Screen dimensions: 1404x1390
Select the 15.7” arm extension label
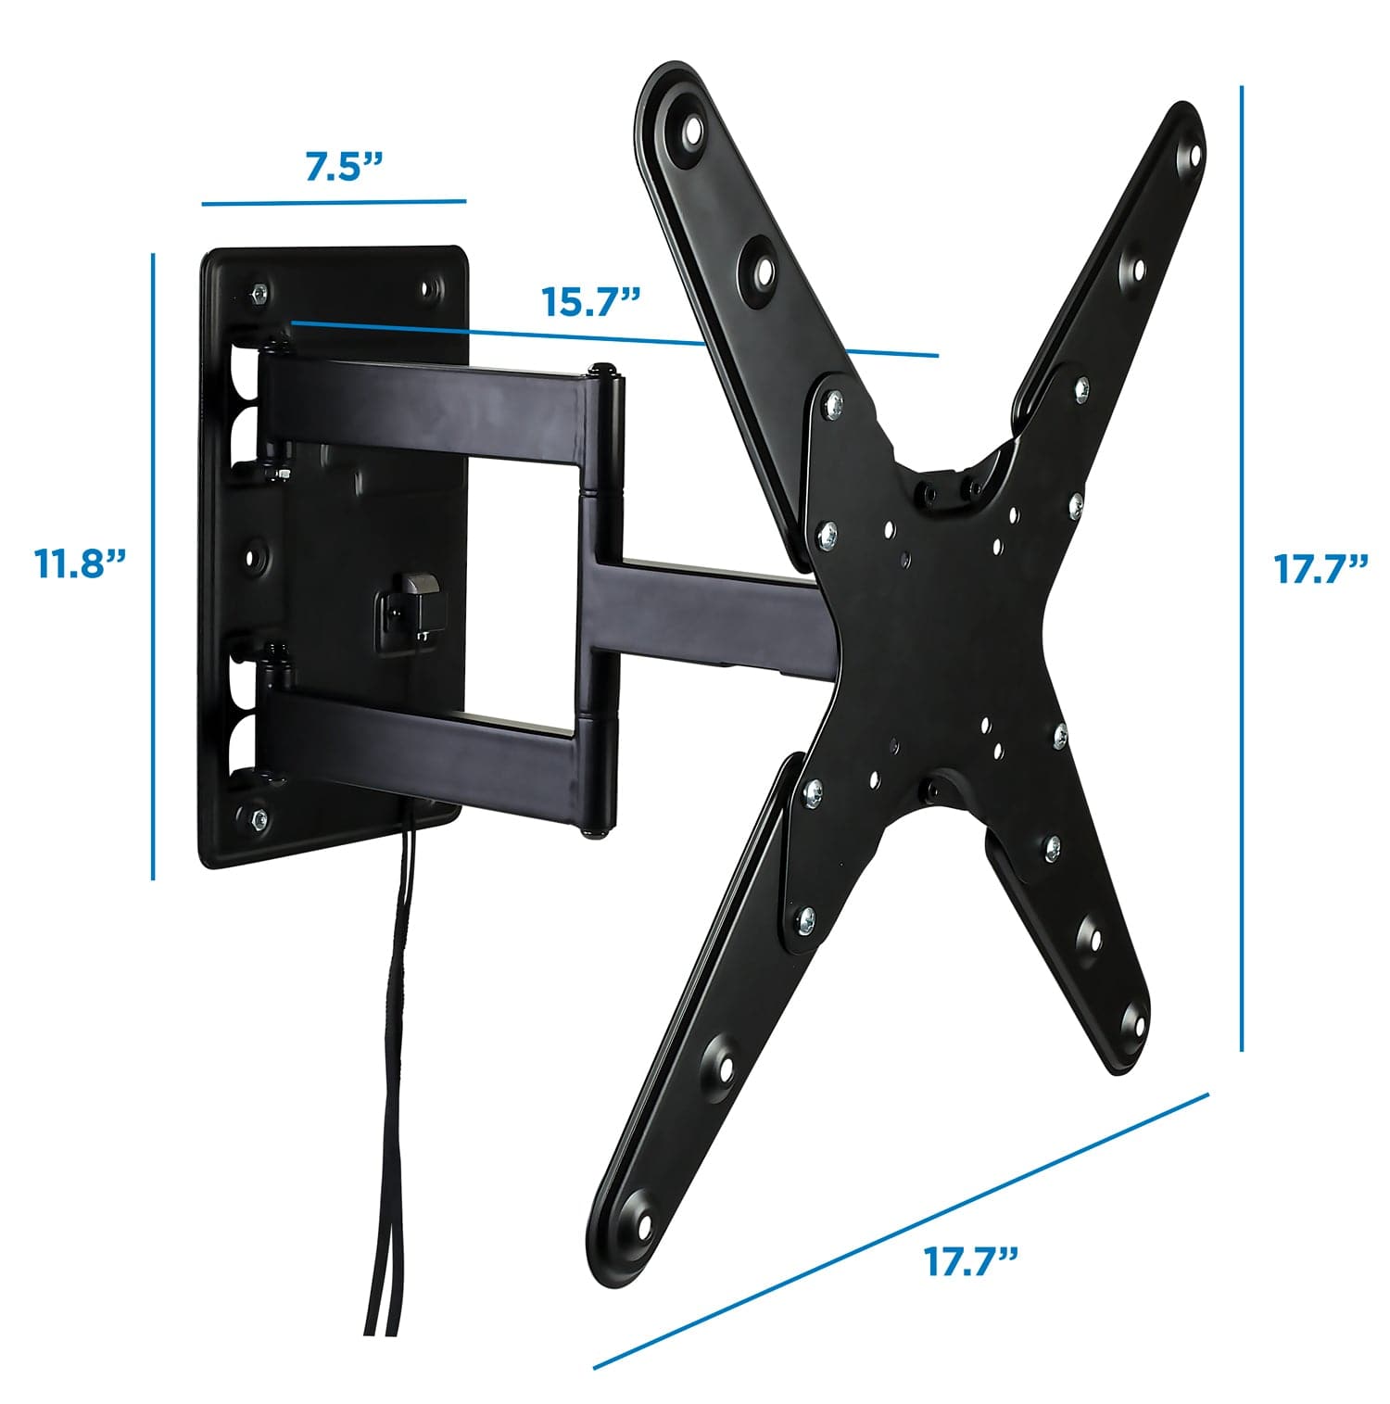[589, 302]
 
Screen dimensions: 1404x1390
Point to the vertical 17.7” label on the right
[1320, 568]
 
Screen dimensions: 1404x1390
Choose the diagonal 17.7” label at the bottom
[971, 1260]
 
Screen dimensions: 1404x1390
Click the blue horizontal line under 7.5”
[334, 201]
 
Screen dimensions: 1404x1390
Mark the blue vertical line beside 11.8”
[153, 565]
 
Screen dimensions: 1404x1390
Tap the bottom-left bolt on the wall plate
[259, 818]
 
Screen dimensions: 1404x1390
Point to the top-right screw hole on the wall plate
[429, 289]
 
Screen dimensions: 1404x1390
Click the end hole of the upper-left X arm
[691, 133]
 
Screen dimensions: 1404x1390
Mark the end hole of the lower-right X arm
[1132, 1023]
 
